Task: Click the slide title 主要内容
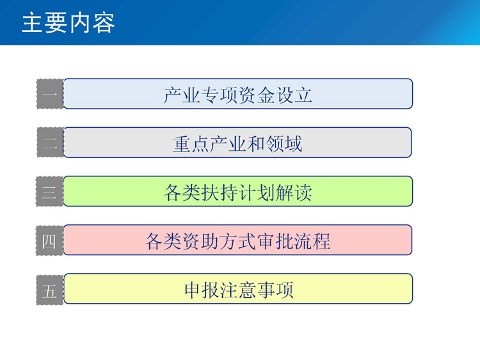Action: [68, 22]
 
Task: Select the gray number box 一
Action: [50, 94]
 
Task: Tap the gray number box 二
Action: [50, 143]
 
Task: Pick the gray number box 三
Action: [49, 191]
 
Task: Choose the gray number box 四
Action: [49, 240]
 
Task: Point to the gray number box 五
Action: [49, 290]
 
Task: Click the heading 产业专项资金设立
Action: [238, 95]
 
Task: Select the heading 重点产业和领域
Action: [237, 144]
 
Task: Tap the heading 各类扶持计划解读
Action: [238, 192]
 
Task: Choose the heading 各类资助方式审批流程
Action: [238, 241]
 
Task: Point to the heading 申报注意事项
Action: [239, 290]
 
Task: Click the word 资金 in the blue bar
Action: [257, 95]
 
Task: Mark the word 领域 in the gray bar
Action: [284, 144]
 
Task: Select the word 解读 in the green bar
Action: [294, 192]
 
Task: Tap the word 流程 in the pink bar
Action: [312, 241]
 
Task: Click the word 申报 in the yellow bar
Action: [202, 290]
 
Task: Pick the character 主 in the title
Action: [32, 22]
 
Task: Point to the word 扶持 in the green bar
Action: [220, 192]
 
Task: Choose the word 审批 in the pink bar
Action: [275, 241]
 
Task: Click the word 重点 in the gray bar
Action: [191, 144]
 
